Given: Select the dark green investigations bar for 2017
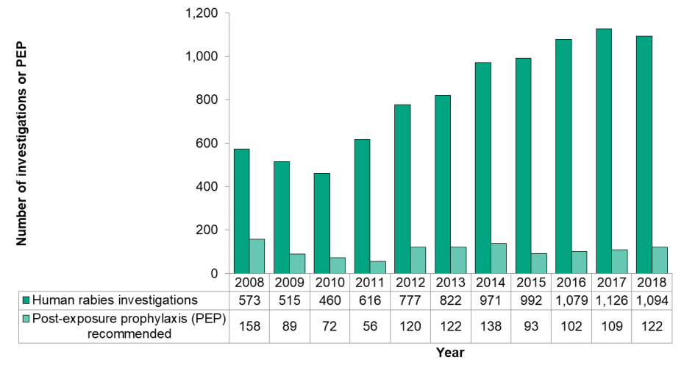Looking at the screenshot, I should point(603,151).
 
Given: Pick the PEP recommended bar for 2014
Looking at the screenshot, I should point(498,258).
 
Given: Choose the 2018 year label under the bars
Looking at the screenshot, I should point(650,283).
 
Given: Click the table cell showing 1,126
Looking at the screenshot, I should point(610,300).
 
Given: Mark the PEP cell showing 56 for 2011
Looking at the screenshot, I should point(369,326).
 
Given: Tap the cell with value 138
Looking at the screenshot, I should point(490,326).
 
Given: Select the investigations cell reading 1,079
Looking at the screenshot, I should point(570,300).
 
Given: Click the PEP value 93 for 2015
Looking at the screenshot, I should point(530,326).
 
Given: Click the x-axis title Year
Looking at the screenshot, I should point(449,353).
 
